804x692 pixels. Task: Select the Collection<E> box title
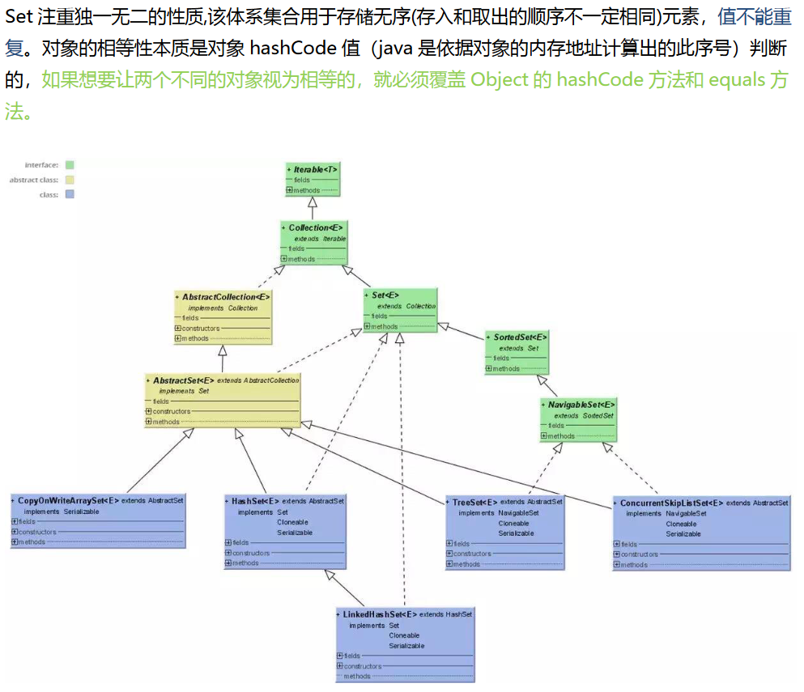(316, 227)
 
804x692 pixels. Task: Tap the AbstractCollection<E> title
(226, 297)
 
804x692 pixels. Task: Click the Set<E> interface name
(385, 295)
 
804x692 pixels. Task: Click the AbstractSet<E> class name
(184, 380)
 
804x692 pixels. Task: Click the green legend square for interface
(70, 165)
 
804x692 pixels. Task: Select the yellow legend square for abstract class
(70, 180)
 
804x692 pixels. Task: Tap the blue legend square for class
(70, 194)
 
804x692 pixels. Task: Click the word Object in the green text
(496, 80)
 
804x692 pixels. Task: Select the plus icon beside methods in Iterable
(289, 190)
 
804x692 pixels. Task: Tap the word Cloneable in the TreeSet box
(513, 523)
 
